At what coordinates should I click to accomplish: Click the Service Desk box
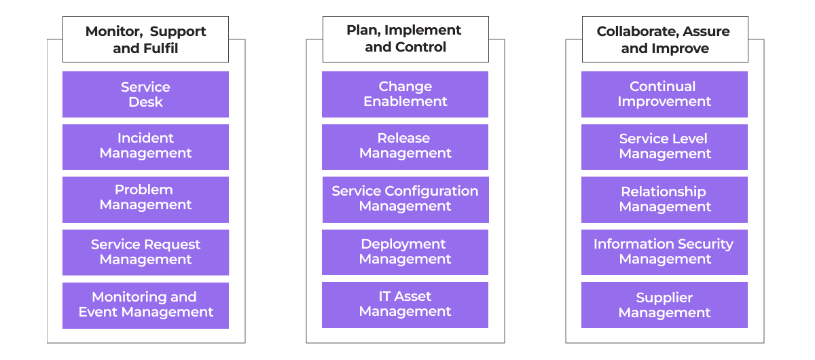(x=145, y=94)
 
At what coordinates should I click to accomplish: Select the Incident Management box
(x=145, y=147)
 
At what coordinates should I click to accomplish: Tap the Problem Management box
(x=145, y=200)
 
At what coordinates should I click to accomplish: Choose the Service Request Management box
(x=145, y=252)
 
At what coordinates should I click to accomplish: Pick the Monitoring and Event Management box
(x=145, y=306)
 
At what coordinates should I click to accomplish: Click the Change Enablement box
(x=405, y=94)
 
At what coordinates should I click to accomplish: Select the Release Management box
(x=405, y=147)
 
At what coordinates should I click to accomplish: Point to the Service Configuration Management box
(x=405, y=200)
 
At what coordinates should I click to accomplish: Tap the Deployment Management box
(x=405, y=252)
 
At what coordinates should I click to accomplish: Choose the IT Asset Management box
(x=405, y=305)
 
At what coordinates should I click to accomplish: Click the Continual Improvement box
(x=664, y=94)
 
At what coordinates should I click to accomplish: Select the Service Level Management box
(x=664, y=147)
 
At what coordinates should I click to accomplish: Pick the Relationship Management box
(x=664, y=200)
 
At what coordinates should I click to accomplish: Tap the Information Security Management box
(x=664, y=252)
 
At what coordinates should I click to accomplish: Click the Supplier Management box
(x=664, y=305)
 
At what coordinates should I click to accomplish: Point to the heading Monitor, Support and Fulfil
(x=145, y=39)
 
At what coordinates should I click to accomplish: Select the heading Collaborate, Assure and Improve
(x=664, y=39)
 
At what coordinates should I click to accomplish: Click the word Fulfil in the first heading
(x=160, y=48)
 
